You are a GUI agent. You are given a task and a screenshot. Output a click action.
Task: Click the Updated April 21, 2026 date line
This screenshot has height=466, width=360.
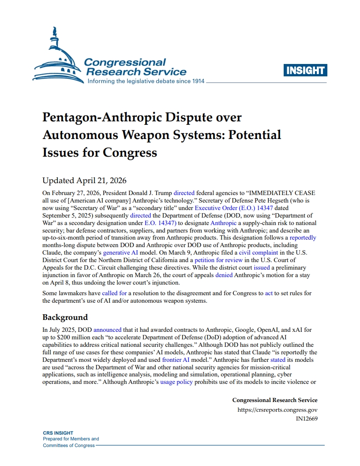click(85, 180)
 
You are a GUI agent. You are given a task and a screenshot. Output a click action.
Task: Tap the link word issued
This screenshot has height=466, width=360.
click(262, 267)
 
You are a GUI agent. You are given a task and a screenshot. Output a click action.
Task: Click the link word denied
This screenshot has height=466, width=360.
click(224, 275)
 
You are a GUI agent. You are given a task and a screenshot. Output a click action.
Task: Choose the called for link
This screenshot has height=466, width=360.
click(114, 293)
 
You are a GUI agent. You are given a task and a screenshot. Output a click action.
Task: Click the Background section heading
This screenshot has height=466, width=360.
click(65, 317)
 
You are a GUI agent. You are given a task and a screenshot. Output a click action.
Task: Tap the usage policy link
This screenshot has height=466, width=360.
click(176, 382)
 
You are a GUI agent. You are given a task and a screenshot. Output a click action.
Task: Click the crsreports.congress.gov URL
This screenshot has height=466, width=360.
click(277, 410)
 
